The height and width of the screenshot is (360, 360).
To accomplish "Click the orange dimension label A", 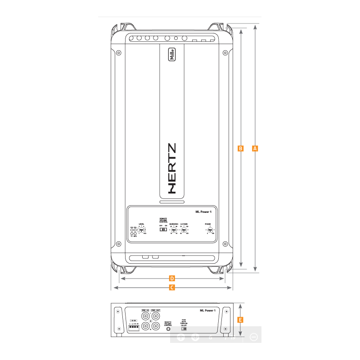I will click(x=255, y=148).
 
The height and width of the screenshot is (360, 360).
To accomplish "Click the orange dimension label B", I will click(x=240, y=148).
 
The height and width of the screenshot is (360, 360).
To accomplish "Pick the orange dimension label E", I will click(x=240, y=320).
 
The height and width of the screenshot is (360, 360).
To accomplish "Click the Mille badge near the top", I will click(x=172, y=54).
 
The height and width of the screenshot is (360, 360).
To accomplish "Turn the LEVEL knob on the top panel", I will click(x=141, y=230).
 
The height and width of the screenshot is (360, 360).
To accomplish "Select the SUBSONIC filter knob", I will click(x=174, y=229).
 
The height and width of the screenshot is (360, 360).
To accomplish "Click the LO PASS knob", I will click(x=184, y=229).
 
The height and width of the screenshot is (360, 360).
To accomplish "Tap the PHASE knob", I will click(x=210, y=229).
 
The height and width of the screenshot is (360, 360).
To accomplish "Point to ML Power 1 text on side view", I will click(x=208, y=310).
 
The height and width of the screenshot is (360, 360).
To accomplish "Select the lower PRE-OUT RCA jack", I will click(x=156, y=327).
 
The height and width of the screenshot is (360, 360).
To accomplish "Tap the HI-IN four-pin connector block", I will click(x=134, y=328).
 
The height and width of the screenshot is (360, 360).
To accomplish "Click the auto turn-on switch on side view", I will click(x=183, y=329).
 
